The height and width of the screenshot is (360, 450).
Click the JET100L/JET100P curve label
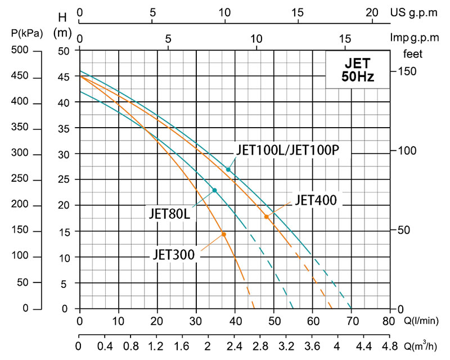click(286, 150)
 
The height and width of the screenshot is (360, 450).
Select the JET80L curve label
click(172, 214)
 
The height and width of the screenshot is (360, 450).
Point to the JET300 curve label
click(173, 254)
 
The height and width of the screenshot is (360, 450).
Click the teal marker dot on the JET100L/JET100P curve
click(228, 169)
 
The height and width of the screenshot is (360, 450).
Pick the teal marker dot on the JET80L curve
click(215, 190)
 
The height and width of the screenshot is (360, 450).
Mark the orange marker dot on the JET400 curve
click(267, 217)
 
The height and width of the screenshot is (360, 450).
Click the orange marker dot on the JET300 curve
click(223, 234)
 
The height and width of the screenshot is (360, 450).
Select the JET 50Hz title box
click(358, 69)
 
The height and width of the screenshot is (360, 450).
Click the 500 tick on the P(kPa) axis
click(20, 51)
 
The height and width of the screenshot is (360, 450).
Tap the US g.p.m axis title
click(421, 12)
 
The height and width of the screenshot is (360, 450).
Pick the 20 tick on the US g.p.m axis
click(372, 12)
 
